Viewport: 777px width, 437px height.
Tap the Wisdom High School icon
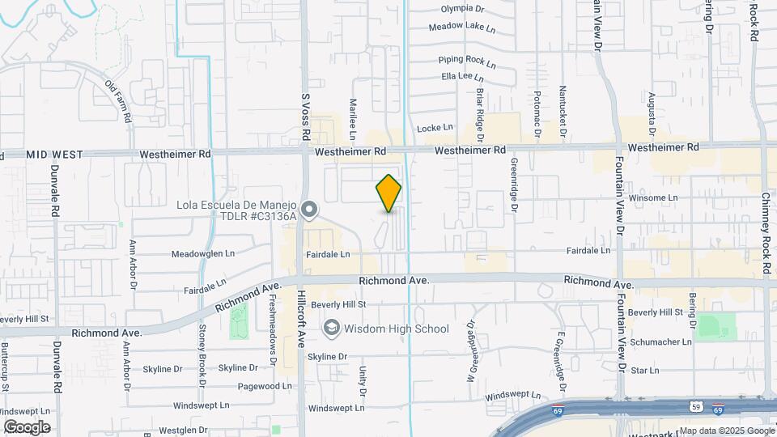point(330,329)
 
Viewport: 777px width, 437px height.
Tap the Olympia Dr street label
point(462,9)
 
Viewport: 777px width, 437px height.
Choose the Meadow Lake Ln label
point(461,27)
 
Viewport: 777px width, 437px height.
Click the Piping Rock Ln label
point(466,61)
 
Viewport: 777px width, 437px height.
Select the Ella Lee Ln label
point(462,78)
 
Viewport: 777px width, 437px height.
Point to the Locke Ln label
point(435,128)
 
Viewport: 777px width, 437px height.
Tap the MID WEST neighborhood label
point(50,154)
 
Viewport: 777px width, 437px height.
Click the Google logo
point(26,426)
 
